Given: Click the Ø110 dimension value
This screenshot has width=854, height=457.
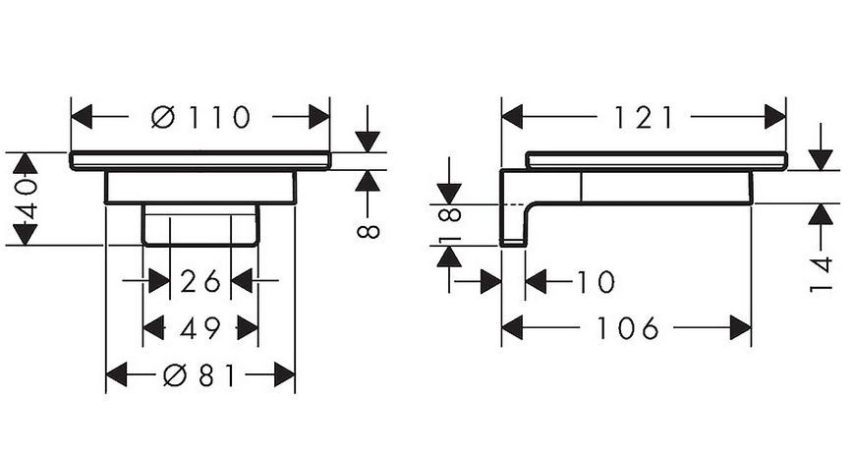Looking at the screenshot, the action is coord(201,117).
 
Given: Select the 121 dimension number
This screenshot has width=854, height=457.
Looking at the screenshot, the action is coord(644,117).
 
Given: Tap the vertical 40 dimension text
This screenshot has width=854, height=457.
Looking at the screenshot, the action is coord(27,199).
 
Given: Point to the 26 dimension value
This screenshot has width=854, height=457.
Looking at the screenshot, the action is coord(199,281).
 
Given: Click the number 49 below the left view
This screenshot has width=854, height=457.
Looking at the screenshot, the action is coord(199,328).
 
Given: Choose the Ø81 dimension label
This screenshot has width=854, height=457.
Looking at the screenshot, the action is coord(199,374).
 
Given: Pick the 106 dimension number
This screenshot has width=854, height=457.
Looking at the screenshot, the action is coord(628,328).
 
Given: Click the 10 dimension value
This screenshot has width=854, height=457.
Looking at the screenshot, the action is coord(596,282).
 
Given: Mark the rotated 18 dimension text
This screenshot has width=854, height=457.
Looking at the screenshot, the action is coord(450,224).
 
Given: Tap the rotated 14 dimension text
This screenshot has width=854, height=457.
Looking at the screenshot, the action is coord(821,273).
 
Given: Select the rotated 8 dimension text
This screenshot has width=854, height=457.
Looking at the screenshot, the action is coord(368,231).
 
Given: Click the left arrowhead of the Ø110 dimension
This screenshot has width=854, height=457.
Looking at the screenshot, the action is coord(82,117).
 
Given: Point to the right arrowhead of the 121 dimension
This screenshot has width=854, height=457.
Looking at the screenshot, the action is coord(774,117).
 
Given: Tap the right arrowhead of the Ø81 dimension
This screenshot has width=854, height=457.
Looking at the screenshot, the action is coord(284,374).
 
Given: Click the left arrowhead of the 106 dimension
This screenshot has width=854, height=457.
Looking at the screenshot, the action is coord(513,328).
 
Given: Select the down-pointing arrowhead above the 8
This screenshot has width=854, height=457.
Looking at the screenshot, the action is coord(368,142).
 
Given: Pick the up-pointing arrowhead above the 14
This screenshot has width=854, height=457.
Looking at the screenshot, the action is coord(821,214).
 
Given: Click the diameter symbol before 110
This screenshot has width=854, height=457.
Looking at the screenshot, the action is coord(163,117).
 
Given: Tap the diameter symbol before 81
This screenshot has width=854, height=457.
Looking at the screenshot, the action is coord(175,374).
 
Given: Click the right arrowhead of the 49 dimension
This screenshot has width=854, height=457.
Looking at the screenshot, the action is coord(248,328).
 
